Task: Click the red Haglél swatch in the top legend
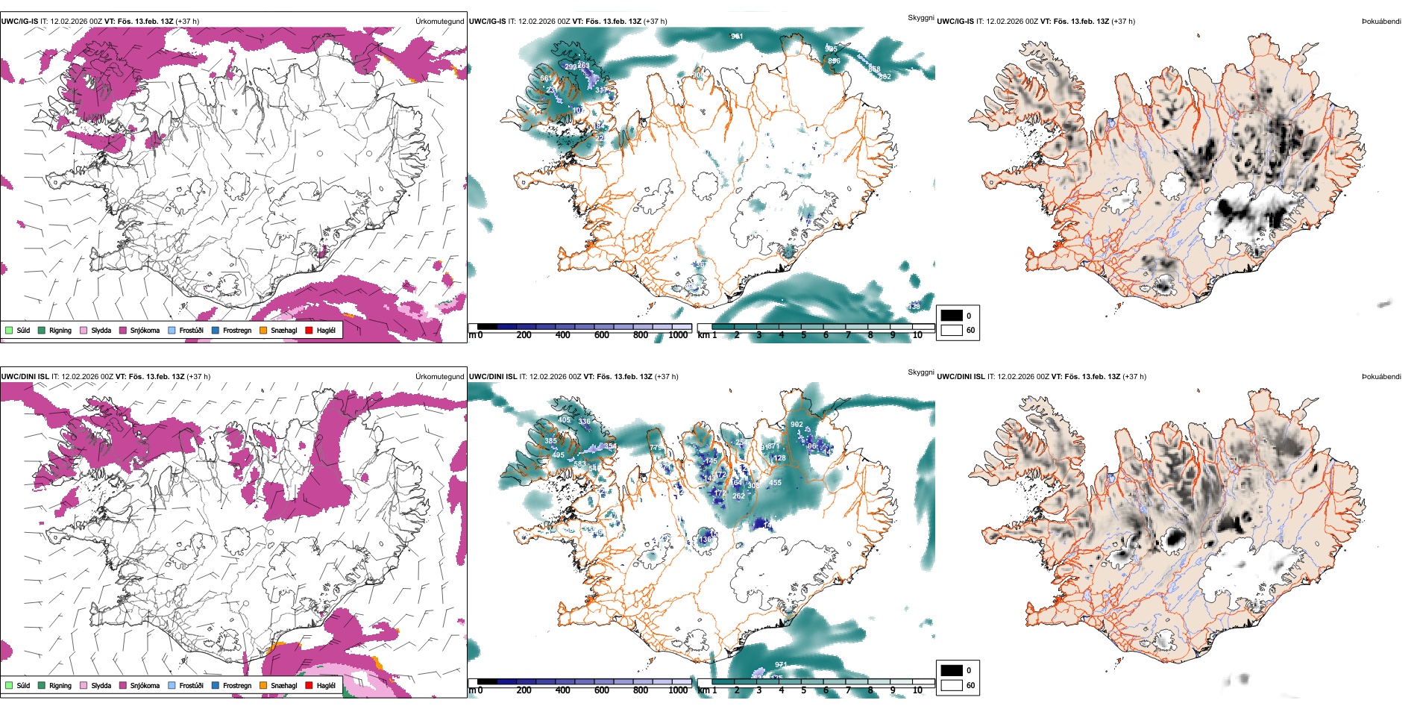[309, 330]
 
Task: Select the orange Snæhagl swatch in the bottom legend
[263, 685]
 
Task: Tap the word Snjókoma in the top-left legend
[145, 330]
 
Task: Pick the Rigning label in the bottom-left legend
[60, 685]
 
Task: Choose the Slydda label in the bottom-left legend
[101, 685]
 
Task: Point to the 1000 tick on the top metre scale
[678, 335]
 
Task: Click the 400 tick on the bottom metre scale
[562, 690]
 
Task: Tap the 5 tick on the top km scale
[803, 335]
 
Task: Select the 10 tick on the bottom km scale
[917, 690]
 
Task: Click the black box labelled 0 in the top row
[952, 316]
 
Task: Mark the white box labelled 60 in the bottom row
[952, 685]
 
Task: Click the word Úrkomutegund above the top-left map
[440, 22]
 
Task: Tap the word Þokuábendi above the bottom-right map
[1381, 376]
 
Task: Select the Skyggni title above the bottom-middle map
[920, 372]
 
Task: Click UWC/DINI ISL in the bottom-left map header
[25, 376]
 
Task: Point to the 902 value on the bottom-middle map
[797, 424]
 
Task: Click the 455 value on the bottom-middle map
[776, 483]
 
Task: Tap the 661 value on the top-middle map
[546, 78]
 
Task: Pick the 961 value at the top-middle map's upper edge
[737, 36]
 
